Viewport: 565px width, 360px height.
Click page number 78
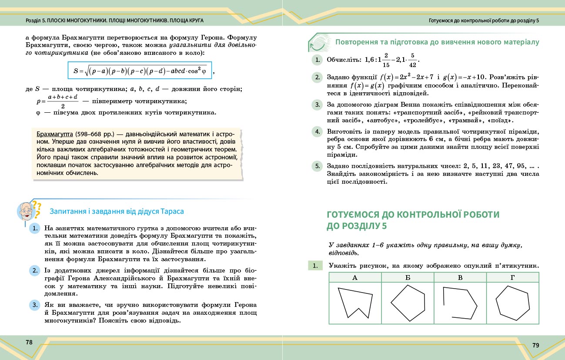click(29, 342)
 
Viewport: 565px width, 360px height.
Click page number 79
click(536, 345)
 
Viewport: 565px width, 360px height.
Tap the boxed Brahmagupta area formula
click(140, 70)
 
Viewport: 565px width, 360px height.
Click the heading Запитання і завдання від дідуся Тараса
click(117, 211)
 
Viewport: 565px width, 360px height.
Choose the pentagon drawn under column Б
click(408, 303)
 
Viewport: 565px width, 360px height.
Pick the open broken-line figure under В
click(459, 302)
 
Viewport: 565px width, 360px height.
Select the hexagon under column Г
click(512, 302)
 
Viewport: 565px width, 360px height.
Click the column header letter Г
click(512, 277)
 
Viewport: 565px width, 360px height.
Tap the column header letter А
click(355, 277)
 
